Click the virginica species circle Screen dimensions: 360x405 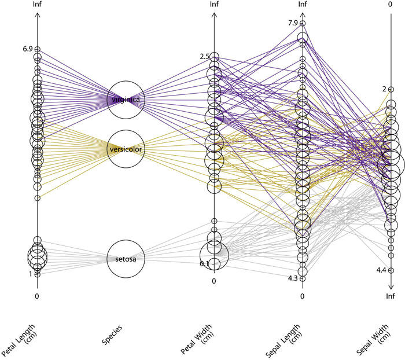126,100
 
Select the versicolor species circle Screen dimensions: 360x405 126,149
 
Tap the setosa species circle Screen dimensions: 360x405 126,259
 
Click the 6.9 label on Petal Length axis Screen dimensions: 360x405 26,50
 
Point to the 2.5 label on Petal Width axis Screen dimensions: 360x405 203,57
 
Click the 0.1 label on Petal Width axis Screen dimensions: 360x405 203,264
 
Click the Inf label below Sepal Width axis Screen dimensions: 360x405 391,296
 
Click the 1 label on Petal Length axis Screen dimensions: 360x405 31,274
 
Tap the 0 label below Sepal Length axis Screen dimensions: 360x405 303,296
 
